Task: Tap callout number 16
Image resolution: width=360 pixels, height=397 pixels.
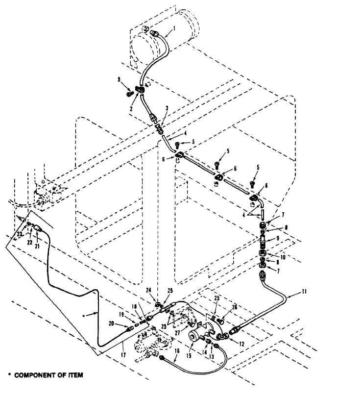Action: (176, 350)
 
